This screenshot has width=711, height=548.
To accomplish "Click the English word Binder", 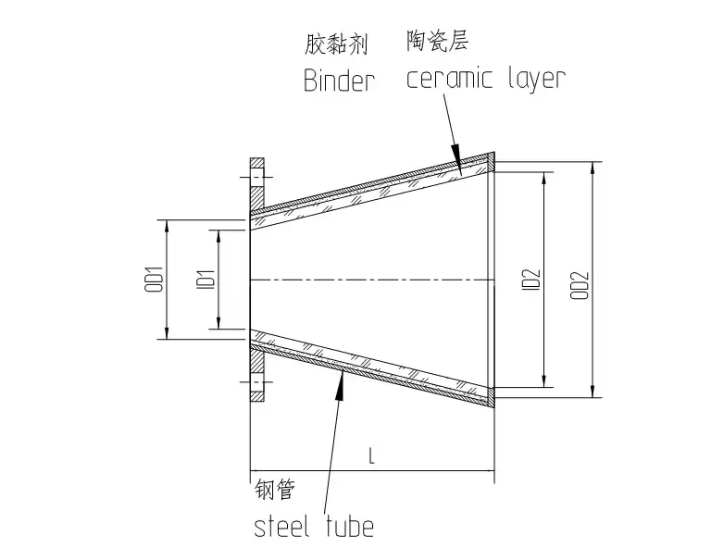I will [339, 81].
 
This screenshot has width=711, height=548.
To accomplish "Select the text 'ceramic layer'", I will [485, 77].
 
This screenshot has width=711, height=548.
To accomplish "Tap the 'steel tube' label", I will [314, 527].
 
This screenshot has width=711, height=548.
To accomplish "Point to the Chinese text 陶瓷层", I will [430, 41].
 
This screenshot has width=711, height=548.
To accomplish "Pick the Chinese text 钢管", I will [272, 491].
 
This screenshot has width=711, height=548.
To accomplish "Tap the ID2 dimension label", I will [530, 280].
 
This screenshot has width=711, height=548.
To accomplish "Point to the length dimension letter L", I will [370, 457].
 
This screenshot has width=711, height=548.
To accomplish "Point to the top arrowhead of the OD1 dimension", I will [166, 226].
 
